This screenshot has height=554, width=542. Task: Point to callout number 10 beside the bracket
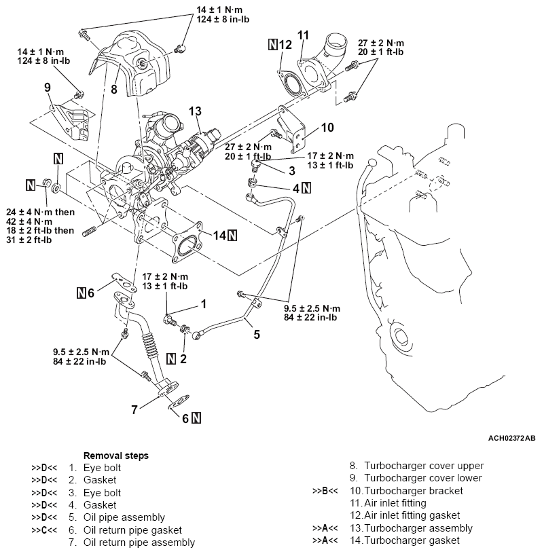click(327, 127)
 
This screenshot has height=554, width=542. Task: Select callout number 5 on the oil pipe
click(257, 333)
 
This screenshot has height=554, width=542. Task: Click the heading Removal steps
click(115, 456)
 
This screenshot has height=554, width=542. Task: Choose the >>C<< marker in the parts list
click(43, 530)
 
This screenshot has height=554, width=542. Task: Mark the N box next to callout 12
click(273, 45)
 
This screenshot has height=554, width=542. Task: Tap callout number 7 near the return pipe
click(134, 409)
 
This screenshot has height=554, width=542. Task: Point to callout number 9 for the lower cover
click(47, 87)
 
